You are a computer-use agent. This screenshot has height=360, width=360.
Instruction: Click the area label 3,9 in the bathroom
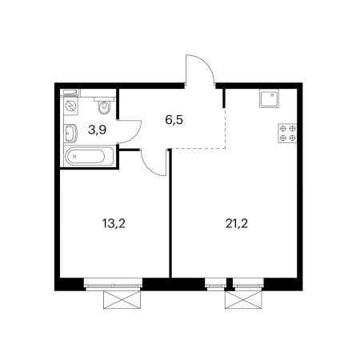[x=98, y=130]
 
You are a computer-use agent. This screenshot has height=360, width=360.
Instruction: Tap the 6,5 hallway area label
[x=174, y=120]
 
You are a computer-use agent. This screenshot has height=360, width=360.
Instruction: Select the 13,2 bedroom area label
[x=114, y=224]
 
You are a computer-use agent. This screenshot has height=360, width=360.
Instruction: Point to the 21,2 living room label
[x=237, y=224]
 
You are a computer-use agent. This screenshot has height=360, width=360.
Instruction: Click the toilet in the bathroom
[x=104, y=106]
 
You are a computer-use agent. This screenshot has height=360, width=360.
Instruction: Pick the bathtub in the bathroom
[x=89, y=157]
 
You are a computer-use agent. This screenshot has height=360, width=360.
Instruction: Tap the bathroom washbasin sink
[x=70, y=133]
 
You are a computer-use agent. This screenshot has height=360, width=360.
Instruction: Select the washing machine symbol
[x=71, y=106]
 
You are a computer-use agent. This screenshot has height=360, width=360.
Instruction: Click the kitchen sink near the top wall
[x=269, y=98]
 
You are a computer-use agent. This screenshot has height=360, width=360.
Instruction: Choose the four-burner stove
[x=288, y=134]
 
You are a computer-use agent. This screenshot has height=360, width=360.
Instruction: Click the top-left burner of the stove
[x=283, y=129]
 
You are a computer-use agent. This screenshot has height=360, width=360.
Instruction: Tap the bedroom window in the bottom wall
[x=113, y=284]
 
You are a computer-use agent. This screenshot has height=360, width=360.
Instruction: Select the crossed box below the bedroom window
[x=122, y=300]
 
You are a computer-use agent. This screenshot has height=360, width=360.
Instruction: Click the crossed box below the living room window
[x=243, y=300]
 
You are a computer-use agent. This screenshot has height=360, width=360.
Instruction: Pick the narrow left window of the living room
[x=216, y=284]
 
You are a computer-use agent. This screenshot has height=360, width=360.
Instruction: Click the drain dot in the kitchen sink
[x=272, y=94]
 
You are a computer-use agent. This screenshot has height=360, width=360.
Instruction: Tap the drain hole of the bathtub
[x=74, y=157]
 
